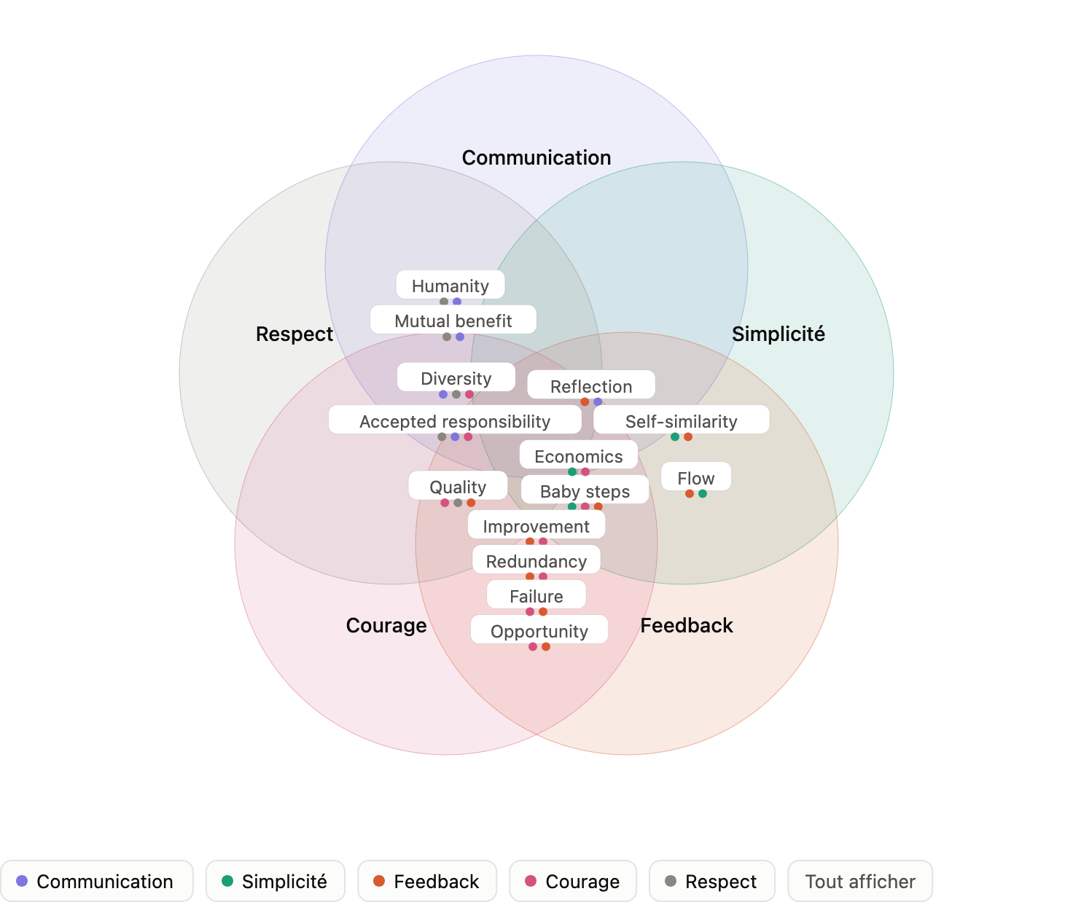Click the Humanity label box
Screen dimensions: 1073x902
coord(450,285)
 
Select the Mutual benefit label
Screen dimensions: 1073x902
coord(453,320)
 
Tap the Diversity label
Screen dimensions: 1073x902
coord(456,377)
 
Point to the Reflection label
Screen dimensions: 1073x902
coord(591,385)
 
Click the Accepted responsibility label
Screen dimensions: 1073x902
coord(455,420)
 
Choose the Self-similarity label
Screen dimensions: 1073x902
coord(682,420)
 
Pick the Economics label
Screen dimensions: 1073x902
coord(579,455)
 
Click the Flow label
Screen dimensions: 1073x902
coord(696,477)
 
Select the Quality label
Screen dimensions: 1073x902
coord(458,485)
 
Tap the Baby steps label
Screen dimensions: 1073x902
coord(585,490)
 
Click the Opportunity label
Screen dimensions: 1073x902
coord(539,630)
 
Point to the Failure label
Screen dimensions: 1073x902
coord(536,595)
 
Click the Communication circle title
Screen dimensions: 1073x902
coord(536,157)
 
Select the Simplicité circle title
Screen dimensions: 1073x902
coord(778,334)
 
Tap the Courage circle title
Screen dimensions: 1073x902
coord(386,626)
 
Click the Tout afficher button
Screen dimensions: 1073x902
coord(859,881)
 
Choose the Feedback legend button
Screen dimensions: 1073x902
coord(427,881)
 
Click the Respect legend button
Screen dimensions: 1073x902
coord(711,881)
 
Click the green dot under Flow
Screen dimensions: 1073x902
coord(703,494)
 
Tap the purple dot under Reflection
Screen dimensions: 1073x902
coord(598,401)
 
